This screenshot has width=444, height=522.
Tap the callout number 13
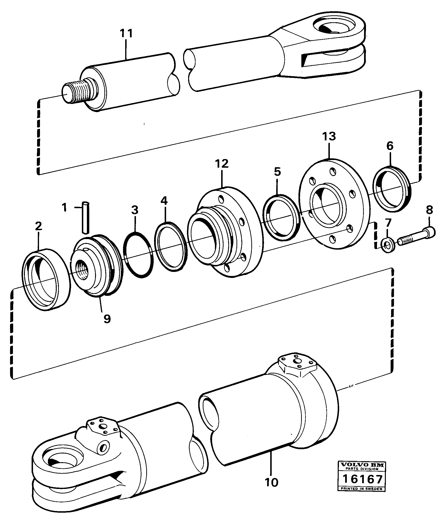[329, 136]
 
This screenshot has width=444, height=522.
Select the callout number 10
[272, 482]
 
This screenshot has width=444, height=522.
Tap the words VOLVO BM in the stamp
[361, 465]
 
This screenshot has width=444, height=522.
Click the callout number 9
[107, 319]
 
